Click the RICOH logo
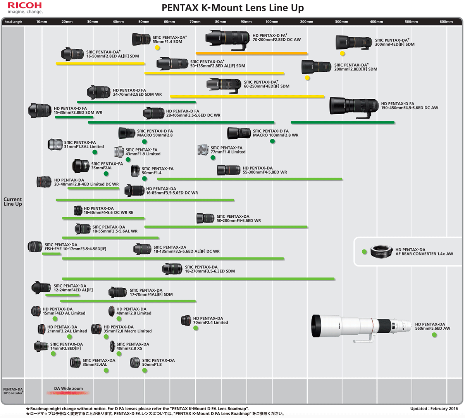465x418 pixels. (x=24, y=5)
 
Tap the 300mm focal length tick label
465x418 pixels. (x=341, y=22)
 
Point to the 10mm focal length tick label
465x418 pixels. (x=41, y=22)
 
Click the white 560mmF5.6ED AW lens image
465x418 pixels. (x=360, y=327)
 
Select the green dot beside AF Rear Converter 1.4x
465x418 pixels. (x=364, y=252)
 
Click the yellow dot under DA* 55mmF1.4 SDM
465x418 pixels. (x=157, y=48)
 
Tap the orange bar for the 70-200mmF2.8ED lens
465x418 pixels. (x=252, y=53)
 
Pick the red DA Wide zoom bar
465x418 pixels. (x=68, y=393)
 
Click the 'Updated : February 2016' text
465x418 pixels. (x=434, y=409)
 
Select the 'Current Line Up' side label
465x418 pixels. (x=13, y=201)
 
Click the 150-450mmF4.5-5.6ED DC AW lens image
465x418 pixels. (x=353, y=106)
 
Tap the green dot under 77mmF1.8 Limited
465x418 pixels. (x=213, y=158)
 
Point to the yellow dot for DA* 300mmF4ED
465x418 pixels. (x=343, y=53)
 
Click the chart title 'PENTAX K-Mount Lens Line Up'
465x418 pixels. (x=232, y=8)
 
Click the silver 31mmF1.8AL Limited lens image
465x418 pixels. (x=55, y=144)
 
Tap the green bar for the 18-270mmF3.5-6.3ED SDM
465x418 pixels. (x=198, y=279)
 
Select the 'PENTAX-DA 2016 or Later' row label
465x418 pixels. (x=13, y=391)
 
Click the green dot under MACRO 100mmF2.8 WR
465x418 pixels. (x=272, y=141)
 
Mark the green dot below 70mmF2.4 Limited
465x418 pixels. (x=196, y=328)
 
